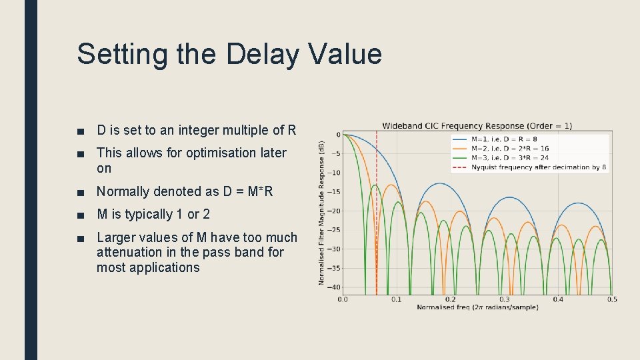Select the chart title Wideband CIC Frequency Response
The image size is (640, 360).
coord(477,125)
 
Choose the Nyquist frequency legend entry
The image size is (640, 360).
coord(538,167)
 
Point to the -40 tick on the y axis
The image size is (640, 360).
coord(333,287)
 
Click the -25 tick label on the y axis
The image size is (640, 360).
coord(333,230)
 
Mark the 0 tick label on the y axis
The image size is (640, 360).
coord(337,135)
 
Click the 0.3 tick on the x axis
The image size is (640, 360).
coord(504,300)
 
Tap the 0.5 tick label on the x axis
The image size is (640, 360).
coord(611,300)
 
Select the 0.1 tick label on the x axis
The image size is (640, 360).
coord(396,300)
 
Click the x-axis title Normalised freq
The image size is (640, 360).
coord(477,307)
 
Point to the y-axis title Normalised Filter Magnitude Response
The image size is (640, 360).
coord(322,213)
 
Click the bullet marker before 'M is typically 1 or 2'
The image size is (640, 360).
coord(81,215)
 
